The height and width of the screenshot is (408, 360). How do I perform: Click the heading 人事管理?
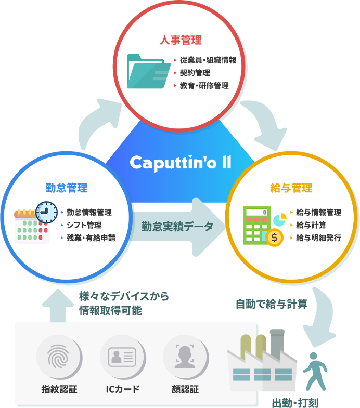(180, 40)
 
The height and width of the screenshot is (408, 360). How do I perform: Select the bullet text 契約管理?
(195, 73)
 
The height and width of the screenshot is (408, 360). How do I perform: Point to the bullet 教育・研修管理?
(204, 85)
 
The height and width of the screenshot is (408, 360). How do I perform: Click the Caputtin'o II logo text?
(180, 162)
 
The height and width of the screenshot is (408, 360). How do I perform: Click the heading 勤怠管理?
(66, 188)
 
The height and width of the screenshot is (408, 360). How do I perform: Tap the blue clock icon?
(46, 211)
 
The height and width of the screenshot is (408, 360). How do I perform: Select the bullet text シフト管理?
(84, 225)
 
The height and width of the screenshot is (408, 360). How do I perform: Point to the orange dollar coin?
(274, 238)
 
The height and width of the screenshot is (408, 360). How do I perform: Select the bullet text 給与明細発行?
(318, 238)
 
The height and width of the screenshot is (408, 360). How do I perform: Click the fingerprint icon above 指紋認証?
(59, 358)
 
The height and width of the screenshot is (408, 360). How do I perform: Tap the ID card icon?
(122, 358)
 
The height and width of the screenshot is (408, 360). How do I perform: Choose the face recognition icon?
(185, 358)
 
